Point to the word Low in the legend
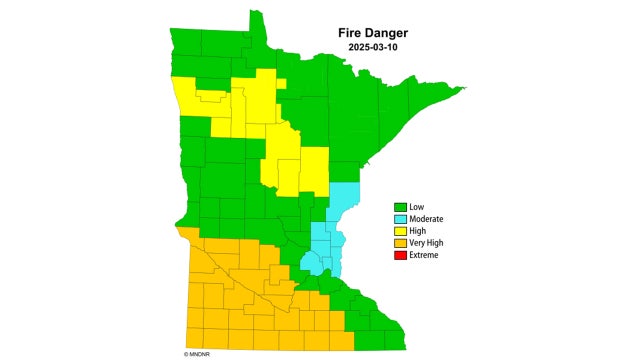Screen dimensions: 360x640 click(x=416, y=207)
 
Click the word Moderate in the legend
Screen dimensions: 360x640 click(x=426, y=219)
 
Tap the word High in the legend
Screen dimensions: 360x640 click(x=418, y=231)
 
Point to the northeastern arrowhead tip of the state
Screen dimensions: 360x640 click(x=463, y=89)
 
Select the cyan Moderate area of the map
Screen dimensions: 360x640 click(x=326, y=240)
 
